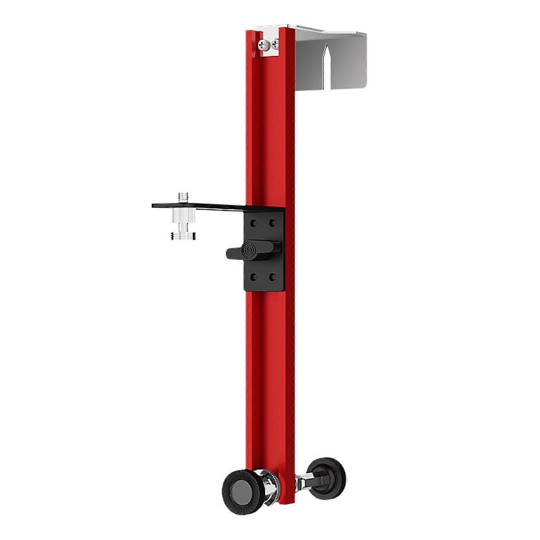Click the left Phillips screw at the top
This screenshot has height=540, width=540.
(x=264, y=45)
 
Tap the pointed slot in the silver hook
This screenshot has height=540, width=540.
(x=325, y=67)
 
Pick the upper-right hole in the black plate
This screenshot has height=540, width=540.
(x=272, y=223)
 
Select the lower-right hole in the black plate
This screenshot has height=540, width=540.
(x=272, y=277)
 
